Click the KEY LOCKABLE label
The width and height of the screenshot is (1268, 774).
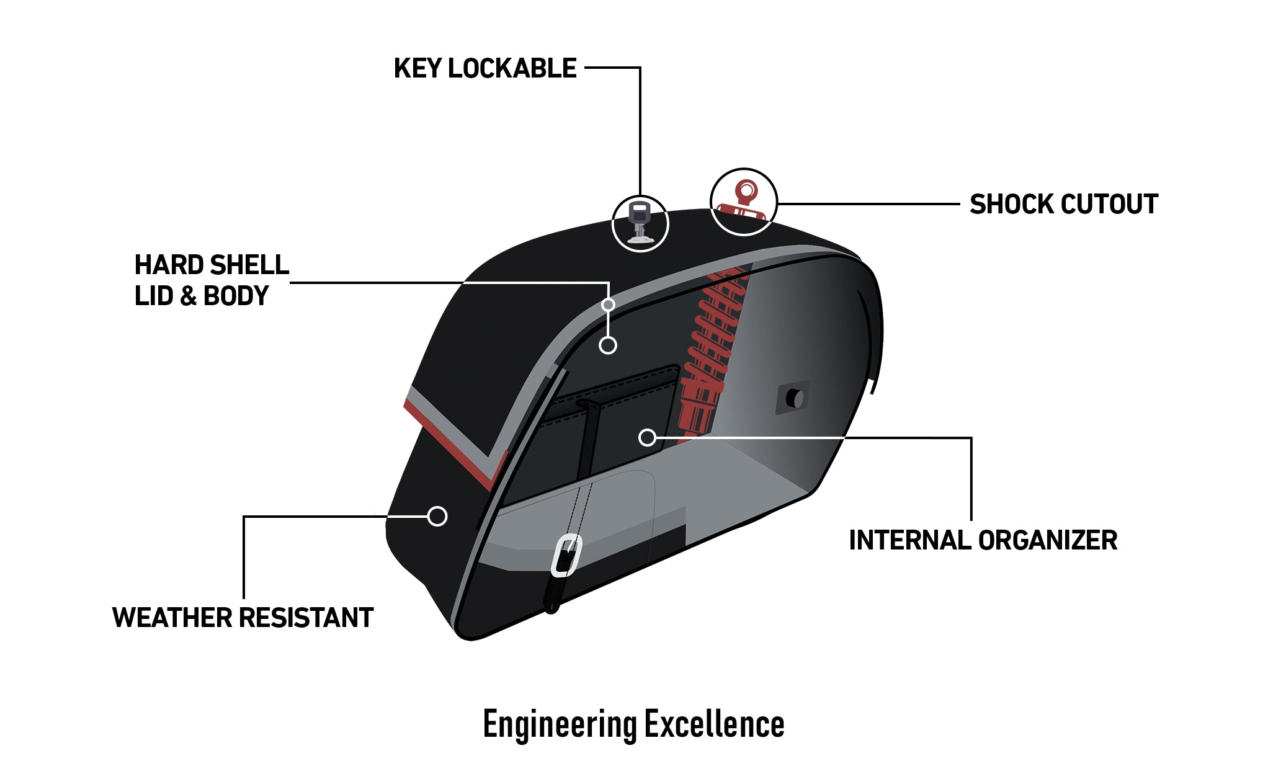tap(485, 68)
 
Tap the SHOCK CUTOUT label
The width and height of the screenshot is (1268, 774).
tap(1063, 204)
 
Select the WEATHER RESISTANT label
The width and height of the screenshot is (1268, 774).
tap(243, 618)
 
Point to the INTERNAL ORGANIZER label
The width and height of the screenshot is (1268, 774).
tap(983, 540)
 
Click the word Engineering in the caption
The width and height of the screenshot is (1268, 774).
tap(560, 724)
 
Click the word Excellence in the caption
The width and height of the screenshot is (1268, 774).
tap(714, 724)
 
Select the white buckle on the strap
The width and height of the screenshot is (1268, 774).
tap(566, 555)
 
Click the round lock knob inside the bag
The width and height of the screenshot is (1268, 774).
tap(794, 398)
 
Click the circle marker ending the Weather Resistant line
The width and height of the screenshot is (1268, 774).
tap(437, 516)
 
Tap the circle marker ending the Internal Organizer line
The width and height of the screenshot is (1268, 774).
tap(647, 438)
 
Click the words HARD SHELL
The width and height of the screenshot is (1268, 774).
tap(212, 265)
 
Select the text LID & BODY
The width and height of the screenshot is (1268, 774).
tap(202, 296)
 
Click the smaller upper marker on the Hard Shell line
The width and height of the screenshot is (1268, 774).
tap(608, 305)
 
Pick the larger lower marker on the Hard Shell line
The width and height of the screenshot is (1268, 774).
tap(608, 345)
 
